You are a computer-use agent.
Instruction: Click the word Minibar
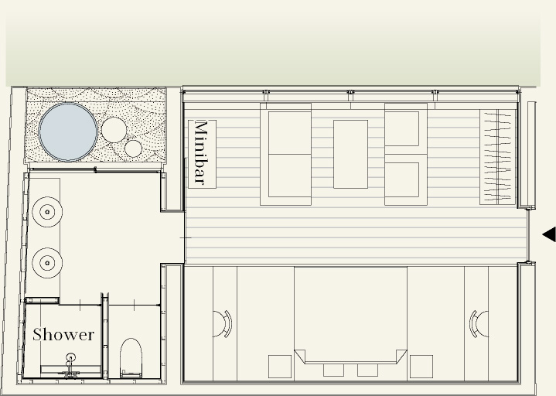point(202,153)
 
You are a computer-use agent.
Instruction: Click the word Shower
point(63,335)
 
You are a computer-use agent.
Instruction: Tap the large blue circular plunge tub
point(68,131)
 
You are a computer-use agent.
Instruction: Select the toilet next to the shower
point(131,358)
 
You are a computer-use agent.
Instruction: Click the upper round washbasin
point(47,212)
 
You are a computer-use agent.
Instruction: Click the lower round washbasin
point(47,263)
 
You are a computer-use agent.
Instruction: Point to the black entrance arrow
point(549,234)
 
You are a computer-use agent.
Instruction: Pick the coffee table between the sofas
point(351,154)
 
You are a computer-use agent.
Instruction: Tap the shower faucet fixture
point(70,364)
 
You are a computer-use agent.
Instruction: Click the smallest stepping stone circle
point(133,148)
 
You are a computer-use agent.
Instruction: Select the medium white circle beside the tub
point(114,130)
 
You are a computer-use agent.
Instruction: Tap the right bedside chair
point(479,323)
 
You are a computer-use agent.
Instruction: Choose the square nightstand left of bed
point(280,367)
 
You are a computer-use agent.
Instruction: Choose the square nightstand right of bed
point(421,367)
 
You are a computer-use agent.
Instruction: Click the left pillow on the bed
point(333,370)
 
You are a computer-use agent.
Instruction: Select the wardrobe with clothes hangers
point(498,157)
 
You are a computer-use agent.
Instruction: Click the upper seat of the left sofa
point(290,133)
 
